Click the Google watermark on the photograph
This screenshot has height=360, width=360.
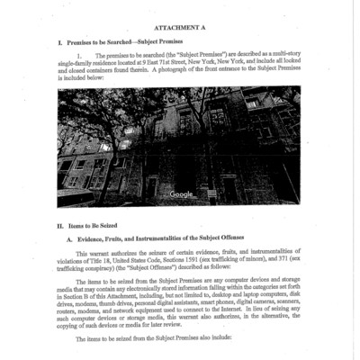182,194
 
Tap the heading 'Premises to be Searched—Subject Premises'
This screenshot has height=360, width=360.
138,43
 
